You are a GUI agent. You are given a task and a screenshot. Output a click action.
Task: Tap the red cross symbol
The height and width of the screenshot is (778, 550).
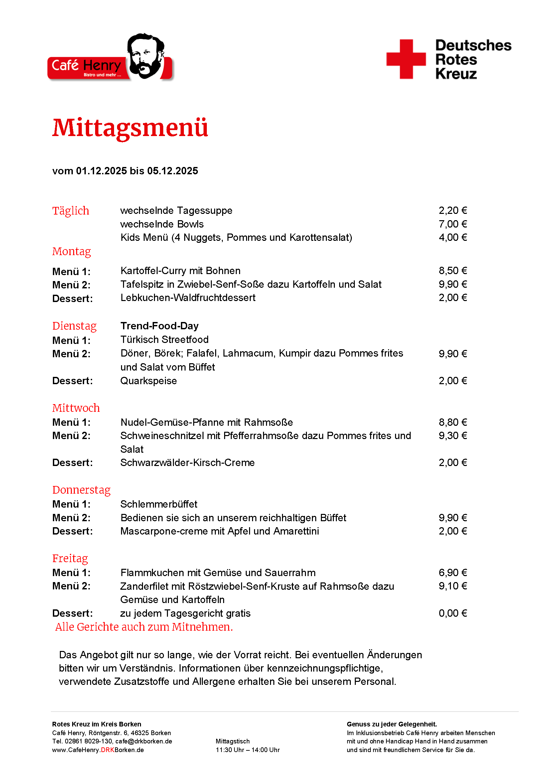[x=406, y=59]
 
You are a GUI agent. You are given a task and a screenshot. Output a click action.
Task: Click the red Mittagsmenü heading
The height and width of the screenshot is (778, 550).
[x=130, y=128]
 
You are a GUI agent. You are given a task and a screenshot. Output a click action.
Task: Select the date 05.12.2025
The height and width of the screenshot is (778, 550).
[x=172, y=171]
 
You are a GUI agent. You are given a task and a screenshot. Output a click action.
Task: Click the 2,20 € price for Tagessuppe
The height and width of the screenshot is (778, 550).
[x=453, y=211]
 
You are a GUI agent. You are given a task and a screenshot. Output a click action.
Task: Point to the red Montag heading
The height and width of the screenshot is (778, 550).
[x=71, y=251]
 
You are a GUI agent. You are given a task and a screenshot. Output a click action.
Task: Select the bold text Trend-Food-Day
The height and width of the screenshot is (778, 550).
[x=160, y=326]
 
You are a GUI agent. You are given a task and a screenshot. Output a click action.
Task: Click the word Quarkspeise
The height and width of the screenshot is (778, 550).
[x=149, y=381]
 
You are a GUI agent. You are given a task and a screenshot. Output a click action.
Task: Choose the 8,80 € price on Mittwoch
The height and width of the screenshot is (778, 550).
[x=453, y=422]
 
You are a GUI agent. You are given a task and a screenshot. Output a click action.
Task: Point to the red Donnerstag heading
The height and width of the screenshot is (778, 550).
[x=81, y=490]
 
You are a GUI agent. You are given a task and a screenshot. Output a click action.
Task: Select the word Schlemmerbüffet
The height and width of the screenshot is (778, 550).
[x=159, y=504]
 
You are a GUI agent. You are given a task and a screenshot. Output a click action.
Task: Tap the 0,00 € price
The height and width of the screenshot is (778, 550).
[x=453, y=613]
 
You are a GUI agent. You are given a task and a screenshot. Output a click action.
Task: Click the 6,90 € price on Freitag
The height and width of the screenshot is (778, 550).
[x=453, y=573]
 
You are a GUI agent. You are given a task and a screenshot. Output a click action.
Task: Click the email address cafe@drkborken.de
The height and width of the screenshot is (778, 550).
[x=144, y=741]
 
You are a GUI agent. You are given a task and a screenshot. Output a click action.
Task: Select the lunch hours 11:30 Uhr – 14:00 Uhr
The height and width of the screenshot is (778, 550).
[x=248, y=750]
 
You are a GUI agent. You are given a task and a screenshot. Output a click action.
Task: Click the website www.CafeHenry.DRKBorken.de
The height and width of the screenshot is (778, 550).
[x=98, y=750]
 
